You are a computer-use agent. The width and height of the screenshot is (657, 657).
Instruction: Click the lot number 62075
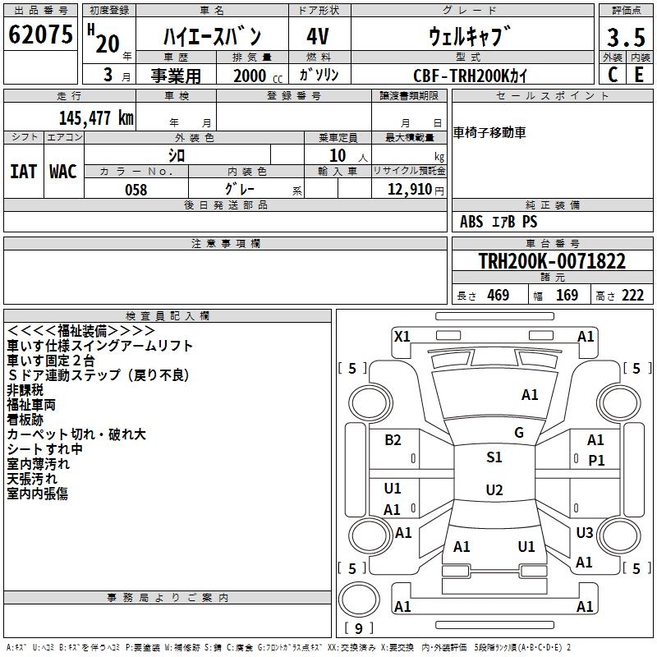[x=40, y=35]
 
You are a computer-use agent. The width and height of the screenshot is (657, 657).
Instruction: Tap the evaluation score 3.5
[x=626, y=38]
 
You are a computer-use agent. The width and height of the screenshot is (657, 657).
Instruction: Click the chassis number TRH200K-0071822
[x=552, y=262]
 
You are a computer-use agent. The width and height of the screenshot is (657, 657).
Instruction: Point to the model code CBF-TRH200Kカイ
[x=471, y=76]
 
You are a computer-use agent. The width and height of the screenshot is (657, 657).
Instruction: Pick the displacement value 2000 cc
[x=255, y=76]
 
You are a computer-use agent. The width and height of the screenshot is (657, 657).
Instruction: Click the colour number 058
[x=136, y=190]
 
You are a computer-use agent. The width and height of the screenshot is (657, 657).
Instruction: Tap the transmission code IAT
[x=23, y=171]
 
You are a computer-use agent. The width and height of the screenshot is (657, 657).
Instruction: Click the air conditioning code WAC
[x=63, y=171]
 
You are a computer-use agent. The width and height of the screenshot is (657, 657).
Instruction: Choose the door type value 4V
[x=319, y=37]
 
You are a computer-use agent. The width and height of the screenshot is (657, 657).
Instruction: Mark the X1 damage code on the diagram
[x=402, y=336]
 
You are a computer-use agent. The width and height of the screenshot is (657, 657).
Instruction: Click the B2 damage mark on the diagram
[x=393, y=440]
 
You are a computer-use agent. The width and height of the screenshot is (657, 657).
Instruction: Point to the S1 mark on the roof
[x=494, y=457]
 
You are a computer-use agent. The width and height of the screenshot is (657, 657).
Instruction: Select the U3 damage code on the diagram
[x=584, y=533]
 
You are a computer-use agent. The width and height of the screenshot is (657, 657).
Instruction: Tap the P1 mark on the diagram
[x=596, y=460]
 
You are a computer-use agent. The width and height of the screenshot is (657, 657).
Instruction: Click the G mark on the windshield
[x=519, y=433]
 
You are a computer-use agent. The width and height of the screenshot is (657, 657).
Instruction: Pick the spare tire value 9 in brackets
[x=358, y=628]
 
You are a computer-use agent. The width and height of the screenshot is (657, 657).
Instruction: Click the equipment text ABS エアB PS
[x=498, y=222]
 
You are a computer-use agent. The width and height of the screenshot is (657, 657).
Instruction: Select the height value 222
[x=632, y=296]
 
